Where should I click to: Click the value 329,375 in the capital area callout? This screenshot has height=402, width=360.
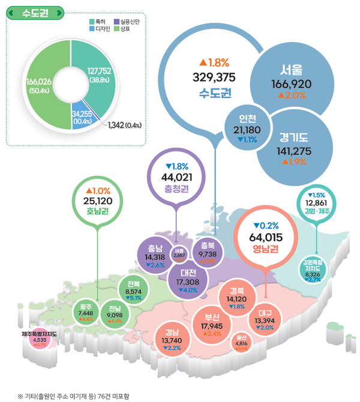[212, 76]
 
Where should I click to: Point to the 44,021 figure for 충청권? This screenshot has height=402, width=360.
[176, 176]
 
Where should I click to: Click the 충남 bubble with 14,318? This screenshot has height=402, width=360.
[154, 255]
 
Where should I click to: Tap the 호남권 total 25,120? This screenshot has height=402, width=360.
[98, 200]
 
